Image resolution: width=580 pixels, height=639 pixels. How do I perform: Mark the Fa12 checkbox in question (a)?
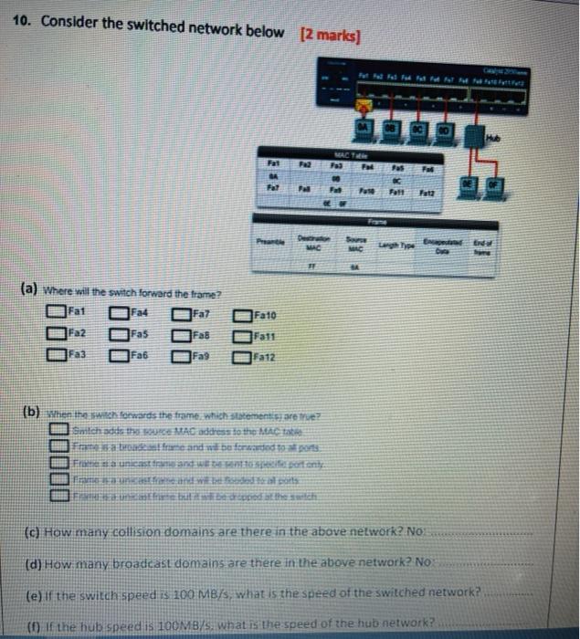[242, 352]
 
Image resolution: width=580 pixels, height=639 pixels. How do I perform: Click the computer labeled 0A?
[363, 129]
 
